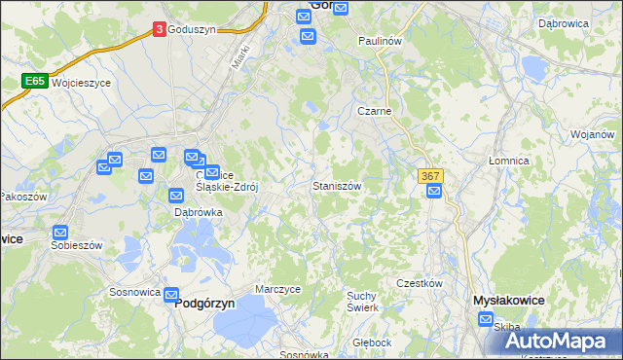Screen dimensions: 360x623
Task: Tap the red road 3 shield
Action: click(x=159, y=30)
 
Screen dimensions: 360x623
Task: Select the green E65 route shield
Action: click(x=35, y=82)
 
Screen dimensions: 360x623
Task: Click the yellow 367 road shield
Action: click(x=431, y=176)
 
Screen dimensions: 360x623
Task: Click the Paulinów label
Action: click(x=380, y=42)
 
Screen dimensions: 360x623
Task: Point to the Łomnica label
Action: click(x=508, y=161)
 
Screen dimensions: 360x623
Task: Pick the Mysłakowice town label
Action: click(x=507, y=301)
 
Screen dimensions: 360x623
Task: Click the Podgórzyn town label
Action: click(x=206, y=303)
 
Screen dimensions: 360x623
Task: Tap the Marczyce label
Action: click(x=277, y=289)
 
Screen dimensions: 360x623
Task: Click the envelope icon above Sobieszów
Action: click(x=60, y=234)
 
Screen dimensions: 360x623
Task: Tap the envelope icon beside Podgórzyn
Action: click(x=171, y=295)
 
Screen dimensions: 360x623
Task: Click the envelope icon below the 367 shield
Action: click(x=434, y=192)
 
